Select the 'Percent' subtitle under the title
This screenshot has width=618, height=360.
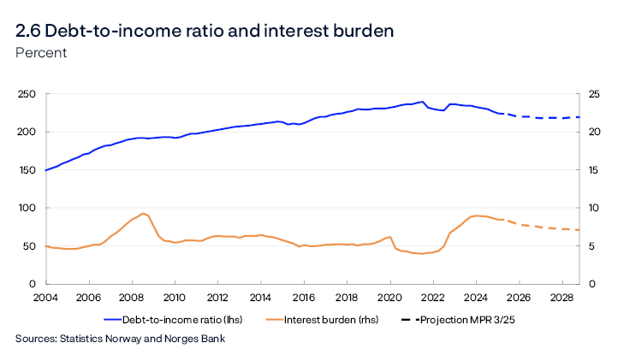tap(41, 53)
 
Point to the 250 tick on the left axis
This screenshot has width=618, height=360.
tap(26, 94)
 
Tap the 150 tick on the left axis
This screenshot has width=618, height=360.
tap(26, 170)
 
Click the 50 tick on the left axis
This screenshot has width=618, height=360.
tap(28, 246)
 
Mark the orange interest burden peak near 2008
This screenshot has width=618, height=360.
tap(144, 213)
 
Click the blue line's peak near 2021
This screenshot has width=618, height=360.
tap(422, 102)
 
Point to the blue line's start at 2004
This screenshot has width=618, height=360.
tap(45, 170)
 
